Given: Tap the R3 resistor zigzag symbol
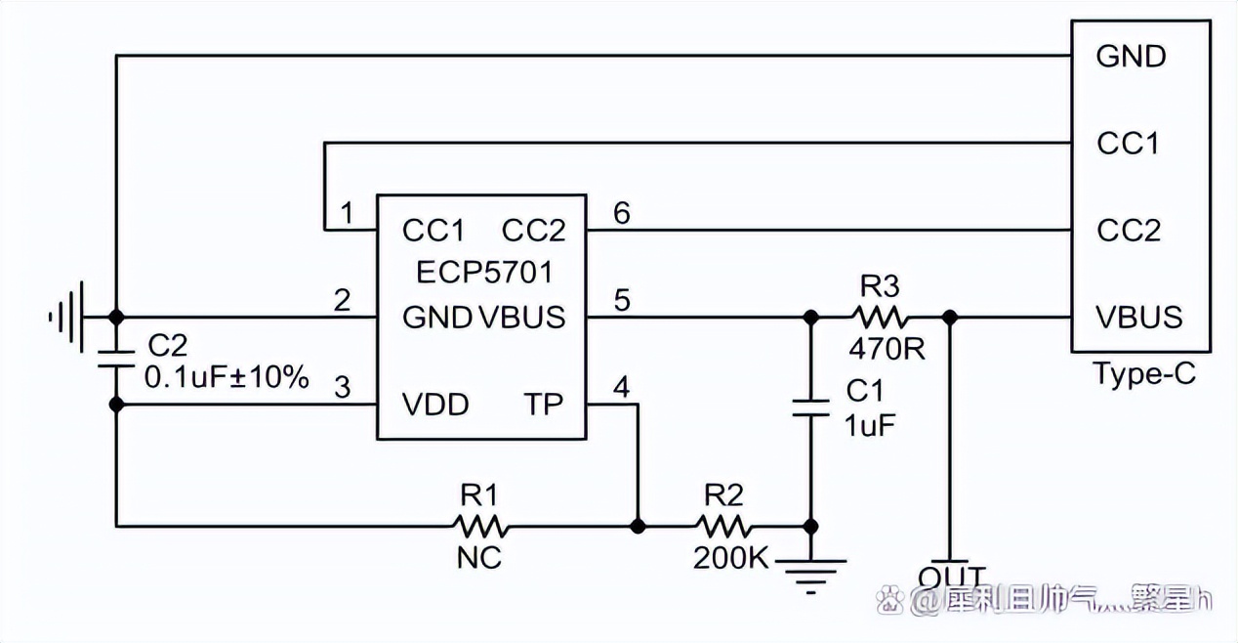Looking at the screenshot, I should pos(882,317).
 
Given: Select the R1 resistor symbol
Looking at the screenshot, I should pos(479,527).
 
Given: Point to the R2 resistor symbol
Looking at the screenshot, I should pos(724,527).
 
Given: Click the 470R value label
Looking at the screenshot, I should pos(887,348).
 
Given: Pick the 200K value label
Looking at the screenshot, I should pos(731,558).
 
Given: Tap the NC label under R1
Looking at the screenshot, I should pos(478,558).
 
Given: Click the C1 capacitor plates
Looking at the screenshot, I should pos(809,407).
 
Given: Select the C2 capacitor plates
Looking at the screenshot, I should pos(116,358).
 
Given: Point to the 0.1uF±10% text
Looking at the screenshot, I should pos(227,376).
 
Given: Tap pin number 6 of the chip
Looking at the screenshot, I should pos(622,211).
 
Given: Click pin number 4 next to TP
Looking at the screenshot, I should pos(622,387).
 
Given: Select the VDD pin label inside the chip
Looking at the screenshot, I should pos(435,405).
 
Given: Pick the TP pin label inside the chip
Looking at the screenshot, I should pos(544,405).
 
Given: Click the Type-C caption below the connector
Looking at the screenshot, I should pos(1141,374).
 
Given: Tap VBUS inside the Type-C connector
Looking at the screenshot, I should pos(1139,318).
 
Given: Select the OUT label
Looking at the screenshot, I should pos(952,576).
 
